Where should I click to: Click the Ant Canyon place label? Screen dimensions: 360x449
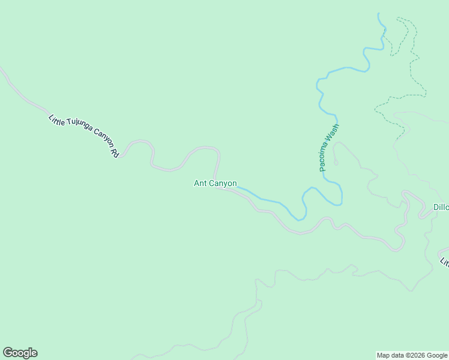(215, 184)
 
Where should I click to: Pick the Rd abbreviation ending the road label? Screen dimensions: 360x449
(115, 152)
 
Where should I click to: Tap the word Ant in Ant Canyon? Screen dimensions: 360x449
(200, 184)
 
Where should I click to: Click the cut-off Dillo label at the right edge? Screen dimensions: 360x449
(441, 208)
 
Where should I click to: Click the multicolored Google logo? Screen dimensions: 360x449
(20, 353)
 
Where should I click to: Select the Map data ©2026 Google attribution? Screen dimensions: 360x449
(412, 355)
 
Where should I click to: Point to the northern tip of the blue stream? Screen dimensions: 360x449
(378, 14)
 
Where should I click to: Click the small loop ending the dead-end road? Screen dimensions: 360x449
(336, 163)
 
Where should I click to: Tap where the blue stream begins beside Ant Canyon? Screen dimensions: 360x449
(239, 188)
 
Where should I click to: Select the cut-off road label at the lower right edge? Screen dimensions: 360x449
(445, 262)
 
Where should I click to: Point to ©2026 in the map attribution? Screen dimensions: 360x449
(414, 355)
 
